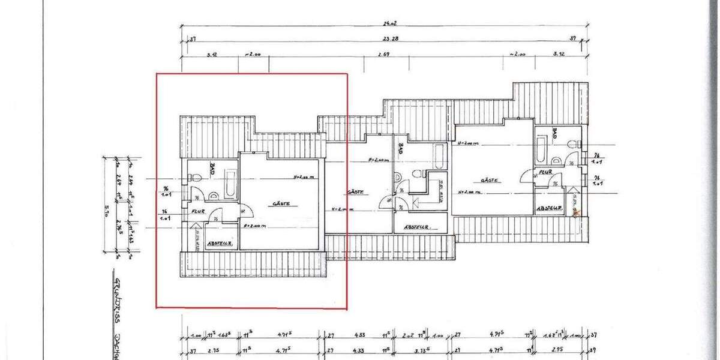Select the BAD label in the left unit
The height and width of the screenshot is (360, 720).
tap(213, 168)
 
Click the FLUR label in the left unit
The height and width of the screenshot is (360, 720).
tap(199, 212)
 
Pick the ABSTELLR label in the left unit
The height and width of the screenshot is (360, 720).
tap(219, 244)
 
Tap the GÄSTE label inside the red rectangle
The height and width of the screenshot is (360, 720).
tap(281, 204)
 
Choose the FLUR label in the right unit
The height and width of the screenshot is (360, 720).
tap(545, 172)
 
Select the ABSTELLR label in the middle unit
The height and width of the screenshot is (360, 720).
tap(419, 227)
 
